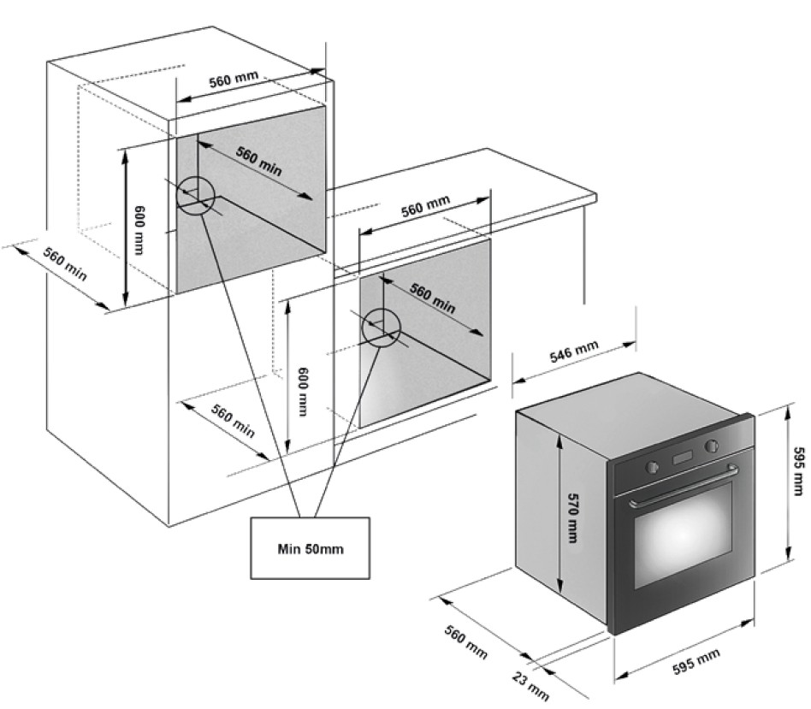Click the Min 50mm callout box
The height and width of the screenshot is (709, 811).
(x=310, y=548)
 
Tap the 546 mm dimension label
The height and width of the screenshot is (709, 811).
(x=573, y=352)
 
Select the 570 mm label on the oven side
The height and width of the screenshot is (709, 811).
(x=572, y=517)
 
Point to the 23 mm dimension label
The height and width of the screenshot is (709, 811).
(x=530, y=686)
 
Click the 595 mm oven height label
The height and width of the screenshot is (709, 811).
(x=799, y=471)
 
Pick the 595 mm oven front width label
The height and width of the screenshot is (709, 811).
(x=696, y=662)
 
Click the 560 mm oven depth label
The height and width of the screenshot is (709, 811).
(x=465, y=641)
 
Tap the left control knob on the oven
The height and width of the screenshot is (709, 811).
(x=652, y=467)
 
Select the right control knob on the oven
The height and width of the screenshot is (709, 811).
(x=712, y=446)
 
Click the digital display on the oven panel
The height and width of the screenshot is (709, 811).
(x=682, y=458)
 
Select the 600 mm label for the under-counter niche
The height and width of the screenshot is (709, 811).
(x=303, y=392)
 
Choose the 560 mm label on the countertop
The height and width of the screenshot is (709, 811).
(x=426, y=206)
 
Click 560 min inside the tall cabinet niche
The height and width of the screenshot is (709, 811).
(x=258, y=161)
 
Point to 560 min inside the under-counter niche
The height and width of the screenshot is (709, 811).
(x=433, y=298)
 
